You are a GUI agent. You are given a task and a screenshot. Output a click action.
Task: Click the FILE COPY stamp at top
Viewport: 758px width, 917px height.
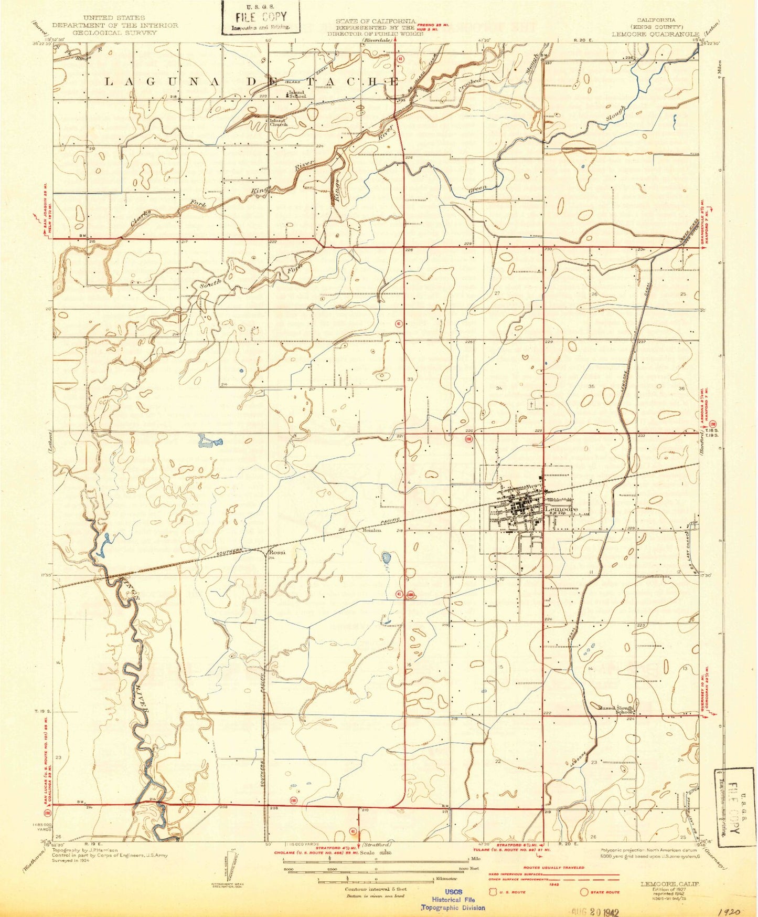point(261,17)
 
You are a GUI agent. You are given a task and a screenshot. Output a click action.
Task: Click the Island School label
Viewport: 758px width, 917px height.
point(296,94)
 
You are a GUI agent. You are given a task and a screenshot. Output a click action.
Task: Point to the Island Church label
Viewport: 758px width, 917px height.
point(278,122)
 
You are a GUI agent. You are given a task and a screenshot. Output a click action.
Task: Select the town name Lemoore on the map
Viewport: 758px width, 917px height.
point(561,509)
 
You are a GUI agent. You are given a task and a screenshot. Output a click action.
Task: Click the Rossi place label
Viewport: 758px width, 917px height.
point(276,552)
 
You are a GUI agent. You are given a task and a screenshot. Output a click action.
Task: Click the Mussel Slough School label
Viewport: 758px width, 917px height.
point(617,710)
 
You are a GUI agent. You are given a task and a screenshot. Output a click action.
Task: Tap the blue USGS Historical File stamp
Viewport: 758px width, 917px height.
point(453,899)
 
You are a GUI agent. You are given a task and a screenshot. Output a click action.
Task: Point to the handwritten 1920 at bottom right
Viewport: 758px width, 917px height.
point(730,912)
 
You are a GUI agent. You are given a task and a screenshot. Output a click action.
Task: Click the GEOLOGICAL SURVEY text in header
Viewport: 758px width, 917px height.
point(116,33)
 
